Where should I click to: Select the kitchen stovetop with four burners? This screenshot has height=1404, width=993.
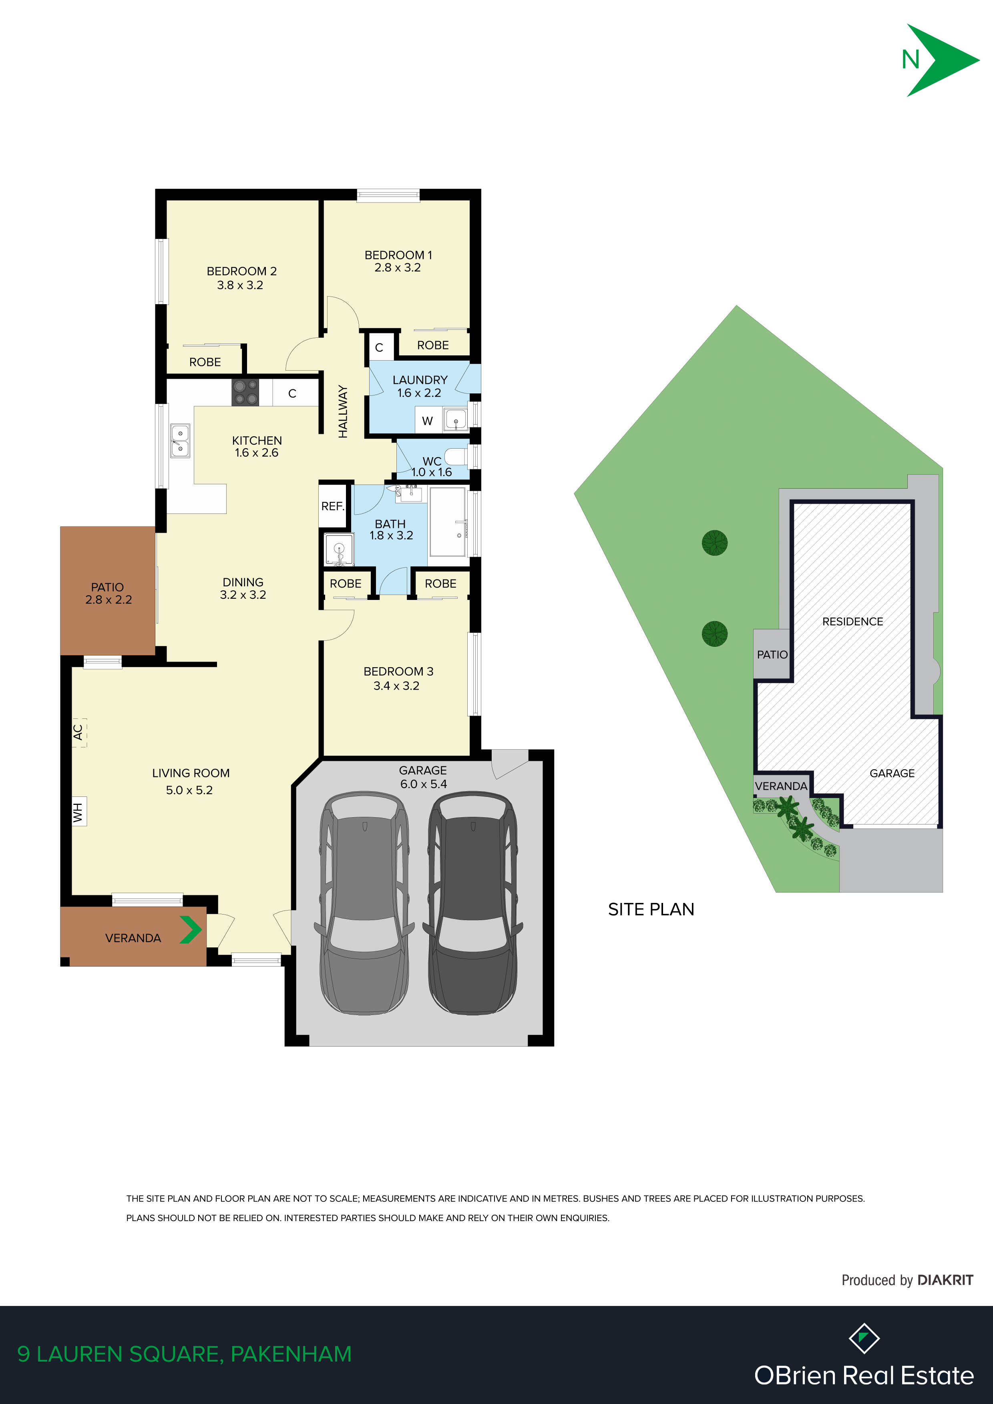245,392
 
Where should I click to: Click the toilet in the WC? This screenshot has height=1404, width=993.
456,456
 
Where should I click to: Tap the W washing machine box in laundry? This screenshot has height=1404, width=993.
428,421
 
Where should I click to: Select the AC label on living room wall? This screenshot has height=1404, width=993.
78,732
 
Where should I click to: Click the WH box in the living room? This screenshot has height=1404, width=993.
79,811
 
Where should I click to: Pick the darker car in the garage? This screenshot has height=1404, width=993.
472,903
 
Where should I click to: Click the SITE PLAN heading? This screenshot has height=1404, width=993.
651,909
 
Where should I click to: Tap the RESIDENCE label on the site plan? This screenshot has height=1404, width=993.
852,621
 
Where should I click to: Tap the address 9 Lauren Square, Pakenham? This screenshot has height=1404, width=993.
185,1354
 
